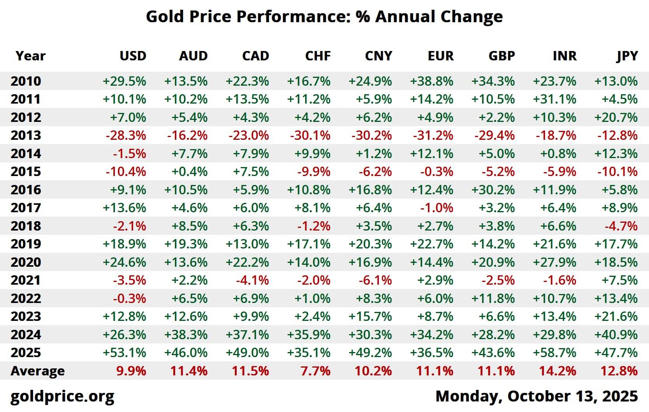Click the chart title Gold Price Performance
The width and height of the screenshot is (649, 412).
tap(324, 17)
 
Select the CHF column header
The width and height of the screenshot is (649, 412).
tap(318, 56)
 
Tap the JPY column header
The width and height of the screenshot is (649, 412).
tap(627, 56)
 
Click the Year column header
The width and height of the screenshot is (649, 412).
tap(30, 56)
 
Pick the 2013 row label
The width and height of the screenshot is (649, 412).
tap(26, 136)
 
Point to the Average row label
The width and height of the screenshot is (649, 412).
tap(37, 371)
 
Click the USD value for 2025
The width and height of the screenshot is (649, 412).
tap(124, 353)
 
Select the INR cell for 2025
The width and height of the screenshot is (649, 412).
tap(554, 353)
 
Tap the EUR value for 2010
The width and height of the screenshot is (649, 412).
tap(431, 81)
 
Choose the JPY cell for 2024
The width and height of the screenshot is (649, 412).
tap(616, 335)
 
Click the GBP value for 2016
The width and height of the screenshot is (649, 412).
tap(493, 190)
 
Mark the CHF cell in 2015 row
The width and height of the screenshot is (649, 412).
tap(314, 172)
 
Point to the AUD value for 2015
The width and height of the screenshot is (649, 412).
tap(189, 172)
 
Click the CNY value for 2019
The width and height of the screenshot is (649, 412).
tap(370, 244)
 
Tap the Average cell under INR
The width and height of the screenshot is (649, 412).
tap(558, 371)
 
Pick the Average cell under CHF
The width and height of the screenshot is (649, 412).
tap(315, 371)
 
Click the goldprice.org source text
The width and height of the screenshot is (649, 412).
tap(62, 396)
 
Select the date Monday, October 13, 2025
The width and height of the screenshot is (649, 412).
tap(536, 396)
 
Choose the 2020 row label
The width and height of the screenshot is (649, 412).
tap(26, 262)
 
